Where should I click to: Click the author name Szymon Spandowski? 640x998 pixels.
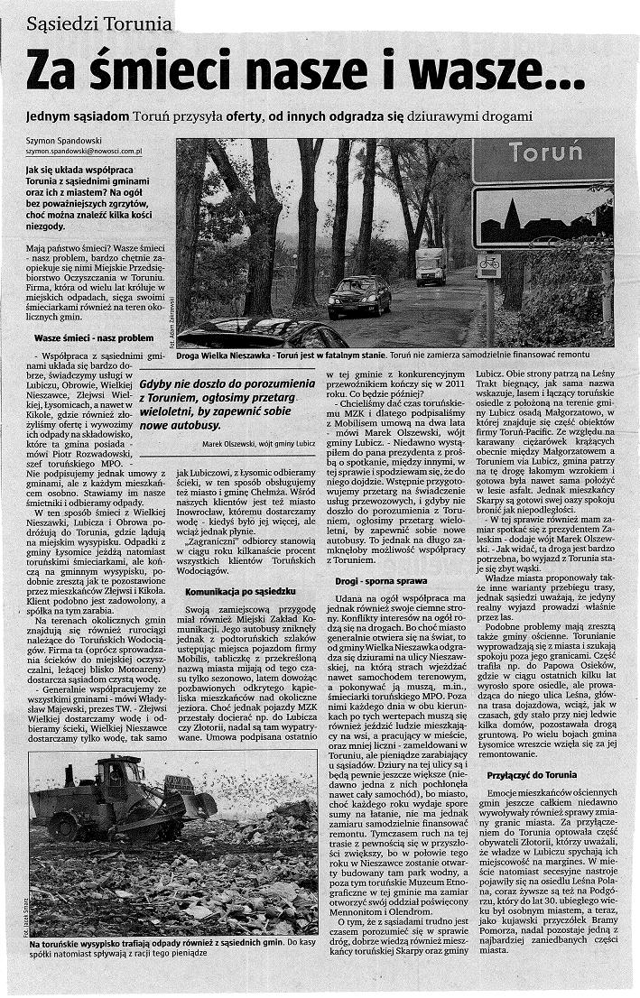(x=68, y=143)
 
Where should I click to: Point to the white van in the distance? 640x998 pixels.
(x=431, y=265)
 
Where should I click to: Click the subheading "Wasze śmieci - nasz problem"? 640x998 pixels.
(x=95, y=337)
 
